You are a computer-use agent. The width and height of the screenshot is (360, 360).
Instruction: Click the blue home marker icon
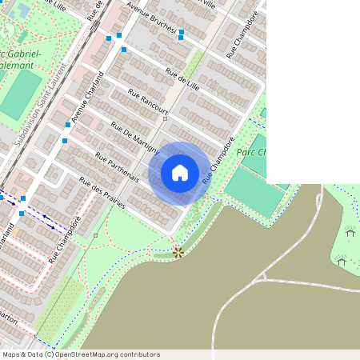click(180, 173)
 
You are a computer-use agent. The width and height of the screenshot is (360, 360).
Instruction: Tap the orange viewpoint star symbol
click(178, 252)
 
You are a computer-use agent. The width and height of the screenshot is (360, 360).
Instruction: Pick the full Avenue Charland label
click(88, 98)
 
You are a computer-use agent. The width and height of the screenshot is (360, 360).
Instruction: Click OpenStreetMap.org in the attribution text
click(90, 354)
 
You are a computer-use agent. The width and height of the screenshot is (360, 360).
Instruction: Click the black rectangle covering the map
click(313, 92)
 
